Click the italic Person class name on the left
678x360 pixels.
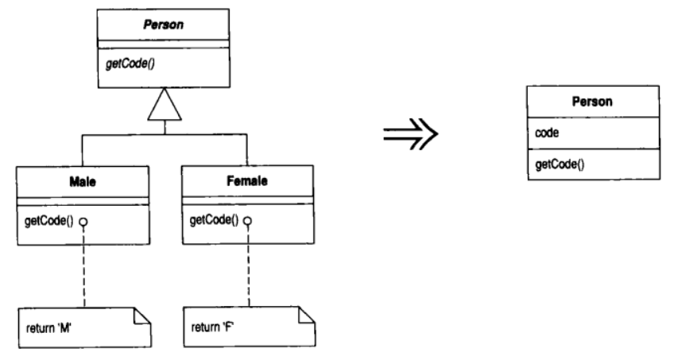coord(164,25)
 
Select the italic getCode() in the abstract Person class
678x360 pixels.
coord(130,64)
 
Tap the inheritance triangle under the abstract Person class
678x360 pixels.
coord(165,104)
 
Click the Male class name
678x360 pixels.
coord(83,181)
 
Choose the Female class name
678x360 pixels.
coord(247,180)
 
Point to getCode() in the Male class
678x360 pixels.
coord(48,221)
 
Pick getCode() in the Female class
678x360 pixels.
coord(214,220)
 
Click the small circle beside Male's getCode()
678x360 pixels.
coord(83,223)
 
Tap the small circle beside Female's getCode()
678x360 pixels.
coord(247,221)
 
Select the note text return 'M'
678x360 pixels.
coord(48,328)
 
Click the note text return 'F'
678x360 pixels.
coord(213,327)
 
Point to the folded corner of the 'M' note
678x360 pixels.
coord(142,315)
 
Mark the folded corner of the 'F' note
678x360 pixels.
coord(307,315)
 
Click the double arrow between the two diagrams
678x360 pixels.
coord(410,134)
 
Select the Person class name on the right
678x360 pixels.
coord(592,102)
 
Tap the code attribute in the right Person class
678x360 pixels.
coord(547,133)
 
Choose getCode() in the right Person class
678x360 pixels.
coord(560,165)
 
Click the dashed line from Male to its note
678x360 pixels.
coord(84,267)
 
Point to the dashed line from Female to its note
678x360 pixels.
coord(249,265)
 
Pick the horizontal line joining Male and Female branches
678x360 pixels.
coord(165,134)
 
